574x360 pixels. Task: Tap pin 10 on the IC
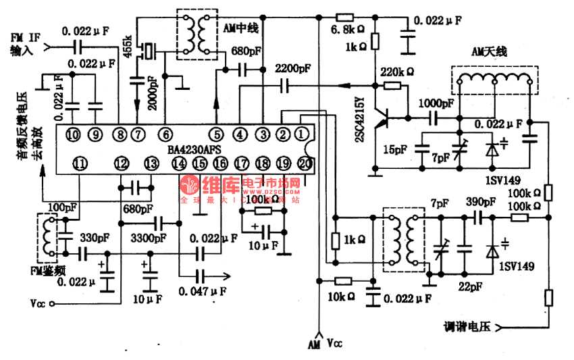(73, 134)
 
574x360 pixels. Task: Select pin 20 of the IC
(305, 163)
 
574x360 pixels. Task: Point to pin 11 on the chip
(80, 163)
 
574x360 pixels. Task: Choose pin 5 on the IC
(216, 134)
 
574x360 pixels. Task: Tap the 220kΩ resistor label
(397, 71)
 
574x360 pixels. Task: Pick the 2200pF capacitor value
(293, 69)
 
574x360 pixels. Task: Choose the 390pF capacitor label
(482, 201)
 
